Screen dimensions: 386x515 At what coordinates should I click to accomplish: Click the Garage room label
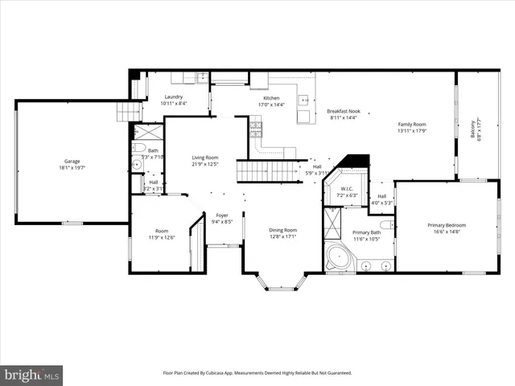(72, 161)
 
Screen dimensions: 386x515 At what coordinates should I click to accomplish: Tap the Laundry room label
(174, 96)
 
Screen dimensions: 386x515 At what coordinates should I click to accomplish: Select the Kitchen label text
(271, 97)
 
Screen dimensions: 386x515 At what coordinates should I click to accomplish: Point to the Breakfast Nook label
(344, 111)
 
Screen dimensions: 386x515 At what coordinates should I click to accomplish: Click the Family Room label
(411, 124)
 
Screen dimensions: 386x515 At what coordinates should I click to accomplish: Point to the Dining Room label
(283, 230)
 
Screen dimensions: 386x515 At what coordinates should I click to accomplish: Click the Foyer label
(221, 216)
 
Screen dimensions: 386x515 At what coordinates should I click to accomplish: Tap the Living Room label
(205, 158)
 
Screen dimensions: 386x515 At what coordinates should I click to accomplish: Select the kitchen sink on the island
(305, 101)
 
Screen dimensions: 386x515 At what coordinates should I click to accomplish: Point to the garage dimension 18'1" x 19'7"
(72, 168)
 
